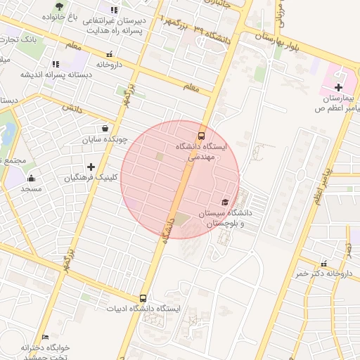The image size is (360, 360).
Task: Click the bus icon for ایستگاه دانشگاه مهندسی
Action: pyautogui.click(x=202, y=135)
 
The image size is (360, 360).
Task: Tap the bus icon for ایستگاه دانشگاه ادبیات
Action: pyautogui.click(x=143, y=298)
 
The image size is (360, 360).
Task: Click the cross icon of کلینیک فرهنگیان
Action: pyautogui.click(x=91, y=167)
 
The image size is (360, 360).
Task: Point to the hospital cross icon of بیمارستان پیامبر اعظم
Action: pyautogui.click(x=338, y=88)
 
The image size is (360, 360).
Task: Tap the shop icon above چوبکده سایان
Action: pyautogui.click(x=105, y=129)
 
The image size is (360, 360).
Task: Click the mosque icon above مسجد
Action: pyautogui.click(x=31, y=179)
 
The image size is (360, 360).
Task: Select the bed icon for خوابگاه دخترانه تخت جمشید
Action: pyautogui.click(x=46, y=337)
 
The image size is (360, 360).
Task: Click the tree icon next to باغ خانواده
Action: pyautogui.click(x=58, y=6)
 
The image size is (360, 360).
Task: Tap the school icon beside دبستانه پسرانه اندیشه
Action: pyautogui.click(x=56, y=64)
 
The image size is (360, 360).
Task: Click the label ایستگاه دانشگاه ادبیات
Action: pyautogui.click(x=143, y=309)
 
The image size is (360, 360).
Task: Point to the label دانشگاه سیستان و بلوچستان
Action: pyautogui.click(x=226, y=217)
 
